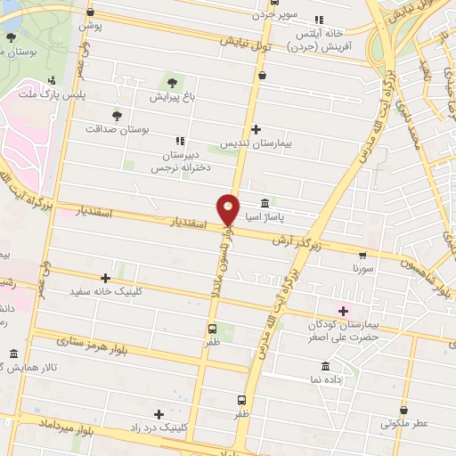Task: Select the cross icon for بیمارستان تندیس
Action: (256, 130)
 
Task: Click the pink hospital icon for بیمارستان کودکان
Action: (343, 309)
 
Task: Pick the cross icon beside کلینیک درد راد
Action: (159, 414)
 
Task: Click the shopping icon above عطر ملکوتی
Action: (405, 411)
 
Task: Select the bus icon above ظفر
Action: (212, 327)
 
